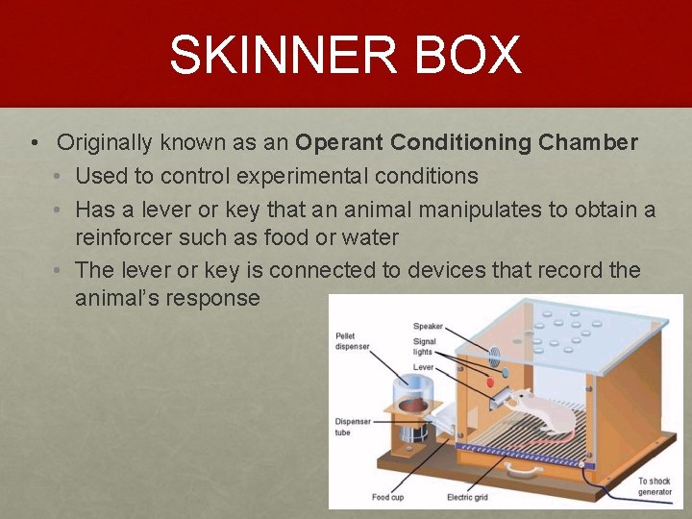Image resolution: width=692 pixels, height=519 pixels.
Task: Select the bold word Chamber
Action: tap(588, 143)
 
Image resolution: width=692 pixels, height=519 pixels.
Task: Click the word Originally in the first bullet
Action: tap(104, 143)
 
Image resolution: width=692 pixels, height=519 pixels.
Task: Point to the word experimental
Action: tap(294, 176)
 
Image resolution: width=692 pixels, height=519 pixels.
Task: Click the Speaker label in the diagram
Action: tap(428, 327)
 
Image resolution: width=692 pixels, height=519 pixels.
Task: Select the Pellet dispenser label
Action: tap(352, 341)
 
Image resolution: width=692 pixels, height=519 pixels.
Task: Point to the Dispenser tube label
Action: tap(353, 427)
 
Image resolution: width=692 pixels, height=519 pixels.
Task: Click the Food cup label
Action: tap(389, 497)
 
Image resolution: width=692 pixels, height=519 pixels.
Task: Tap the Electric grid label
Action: tap(467, 497)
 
